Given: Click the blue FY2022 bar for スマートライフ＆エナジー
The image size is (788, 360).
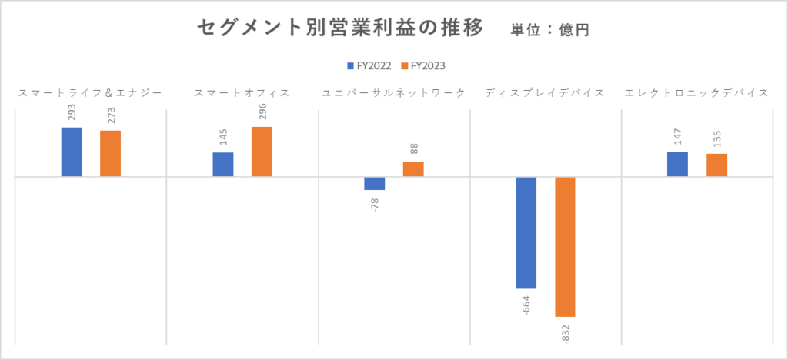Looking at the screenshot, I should pyautogui.click(x=72, y=152).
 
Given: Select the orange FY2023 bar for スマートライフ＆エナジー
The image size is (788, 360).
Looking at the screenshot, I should pyautogui.click(x=110, y=154).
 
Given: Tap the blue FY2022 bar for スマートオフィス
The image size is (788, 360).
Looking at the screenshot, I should pyautogui.click(x=223, y=165).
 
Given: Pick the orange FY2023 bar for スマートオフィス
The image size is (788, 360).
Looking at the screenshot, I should pyautogui.click(x=262, y=152).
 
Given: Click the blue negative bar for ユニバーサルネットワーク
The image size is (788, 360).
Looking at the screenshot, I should pyautogui.click(x=375, y=183).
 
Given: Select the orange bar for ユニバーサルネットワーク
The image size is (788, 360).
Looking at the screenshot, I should pyautogui.click(x=413, y=169).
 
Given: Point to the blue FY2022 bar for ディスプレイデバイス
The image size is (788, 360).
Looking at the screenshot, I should pyautogui.click(x=526, y=232).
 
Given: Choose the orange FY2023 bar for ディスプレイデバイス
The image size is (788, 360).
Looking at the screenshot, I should pyautogui.click(x=565, y=246).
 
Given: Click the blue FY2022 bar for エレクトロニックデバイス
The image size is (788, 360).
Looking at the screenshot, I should pyautogui.click(x=678, y=164).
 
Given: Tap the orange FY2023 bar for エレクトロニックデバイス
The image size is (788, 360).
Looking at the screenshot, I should pyautogui.click(x=716, y=165).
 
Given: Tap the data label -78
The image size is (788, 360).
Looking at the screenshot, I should pyautogui.click(x=375, y=205).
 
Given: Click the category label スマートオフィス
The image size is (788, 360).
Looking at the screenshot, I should pyautogui.click(x=242, y=93).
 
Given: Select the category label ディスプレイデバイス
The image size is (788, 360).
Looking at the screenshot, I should pyautogui.click(x=545, y=93).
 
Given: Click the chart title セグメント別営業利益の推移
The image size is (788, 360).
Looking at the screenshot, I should pyautogui.click(x=340, y=28).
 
